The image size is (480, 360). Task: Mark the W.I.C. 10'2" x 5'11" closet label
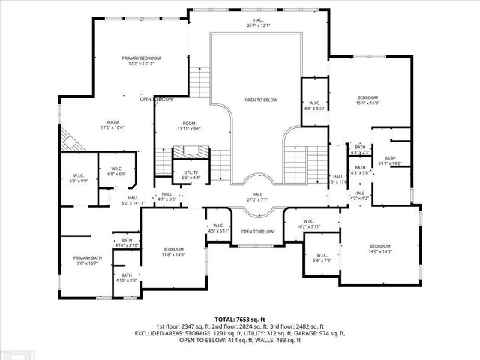[x=309, y=224]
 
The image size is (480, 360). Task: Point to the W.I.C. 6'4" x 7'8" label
[x=322, y=257]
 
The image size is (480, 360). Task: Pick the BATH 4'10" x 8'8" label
[x=127, y=277]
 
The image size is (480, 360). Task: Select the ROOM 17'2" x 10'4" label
[x=112, y=125]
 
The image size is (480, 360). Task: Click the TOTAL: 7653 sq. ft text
[x=239, y=319]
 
